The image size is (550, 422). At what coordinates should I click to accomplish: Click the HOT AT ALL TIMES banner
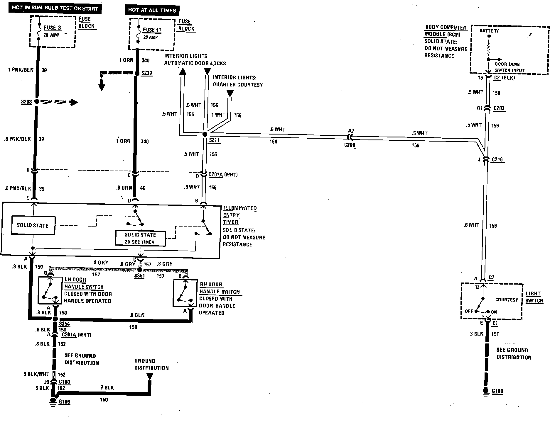[152, 10]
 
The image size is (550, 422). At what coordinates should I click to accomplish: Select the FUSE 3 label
[53, 28]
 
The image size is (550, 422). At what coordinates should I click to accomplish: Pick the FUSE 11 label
[152, 30]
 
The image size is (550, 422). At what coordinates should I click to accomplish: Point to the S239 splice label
[146, 73]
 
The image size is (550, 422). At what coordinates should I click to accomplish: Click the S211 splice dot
[205, 134]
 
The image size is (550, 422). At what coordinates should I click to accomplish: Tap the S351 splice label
[139, 276]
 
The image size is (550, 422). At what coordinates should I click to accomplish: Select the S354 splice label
[64, 324]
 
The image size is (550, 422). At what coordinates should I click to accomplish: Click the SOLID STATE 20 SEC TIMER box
[140, 238]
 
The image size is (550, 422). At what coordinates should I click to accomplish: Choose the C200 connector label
[350, 145]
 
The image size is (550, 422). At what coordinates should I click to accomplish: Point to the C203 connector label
[499, 108]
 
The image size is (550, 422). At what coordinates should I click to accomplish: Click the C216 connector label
[497, 159]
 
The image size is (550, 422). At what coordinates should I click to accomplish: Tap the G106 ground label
[64, 401]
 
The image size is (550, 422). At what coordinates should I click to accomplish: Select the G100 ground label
[497, 391]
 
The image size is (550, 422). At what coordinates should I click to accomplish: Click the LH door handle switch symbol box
[50, 290]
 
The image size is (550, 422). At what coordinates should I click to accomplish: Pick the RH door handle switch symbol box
[185, 293]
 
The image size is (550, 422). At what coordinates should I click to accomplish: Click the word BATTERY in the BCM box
[489, 31]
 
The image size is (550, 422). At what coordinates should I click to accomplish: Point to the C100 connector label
[64, 382]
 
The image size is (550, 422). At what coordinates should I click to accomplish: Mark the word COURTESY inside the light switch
[507, 300]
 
